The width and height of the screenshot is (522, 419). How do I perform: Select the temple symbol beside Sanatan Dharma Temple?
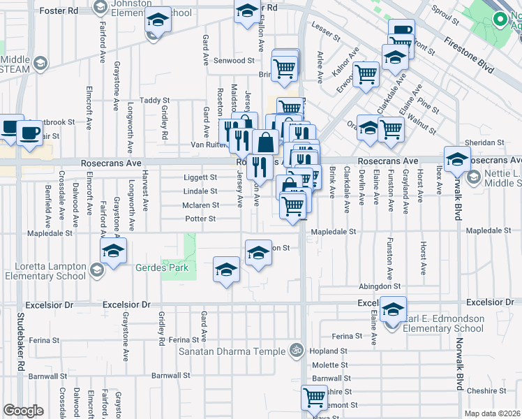pos(297,350)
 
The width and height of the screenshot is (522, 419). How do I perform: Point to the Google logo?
pos(23,411)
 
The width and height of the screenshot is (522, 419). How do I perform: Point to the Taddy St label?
pos(154,101)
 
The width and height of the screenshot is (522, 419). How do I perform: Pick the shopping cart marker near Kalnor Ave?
pos(366,73)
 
